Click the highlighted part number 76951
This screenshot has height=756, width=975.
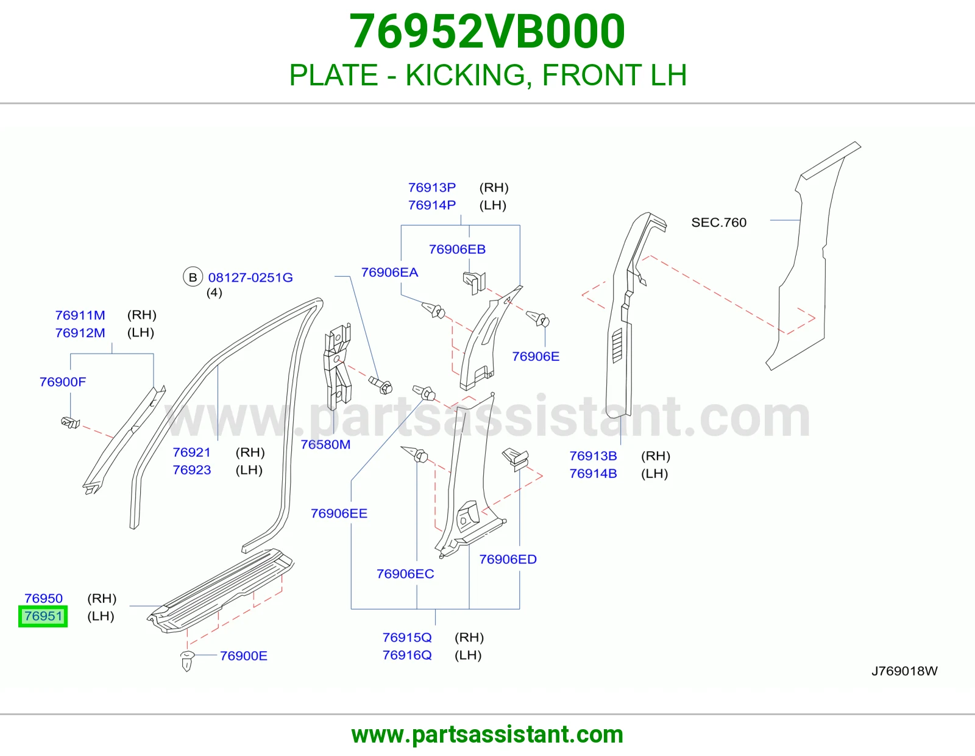43,616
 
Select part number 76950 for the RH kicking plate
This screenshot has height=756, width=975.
43,599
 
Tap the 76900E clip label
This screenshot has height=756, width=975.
244,656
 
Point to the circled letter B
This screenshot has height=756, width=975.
193,277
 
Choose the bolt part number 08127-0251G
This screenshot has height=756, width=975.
250,277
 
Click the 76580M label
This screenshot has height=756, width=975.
325,444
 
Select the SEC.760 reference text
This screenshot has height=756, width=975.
719,222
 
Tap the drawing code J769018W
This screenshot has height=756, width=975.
904,671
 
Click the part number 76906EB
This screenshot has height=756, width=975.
457,249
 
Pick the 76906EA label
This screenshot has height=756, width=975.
389,272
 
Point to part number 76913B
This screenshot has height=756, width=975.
593,455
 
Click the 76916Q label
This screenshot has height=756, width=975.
407,655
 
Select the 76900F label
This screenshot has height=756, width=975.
63,382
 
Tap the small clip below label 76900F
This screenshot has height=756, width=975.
71,423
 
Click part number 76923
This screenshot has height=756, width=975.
191,469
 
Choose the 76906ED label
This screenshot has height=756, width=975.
508,559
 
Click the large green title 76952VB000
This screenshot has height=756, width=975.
487,31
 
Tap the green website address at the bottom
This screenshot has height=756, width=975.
487,735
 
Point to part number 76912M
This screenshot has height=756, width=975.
80,333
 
